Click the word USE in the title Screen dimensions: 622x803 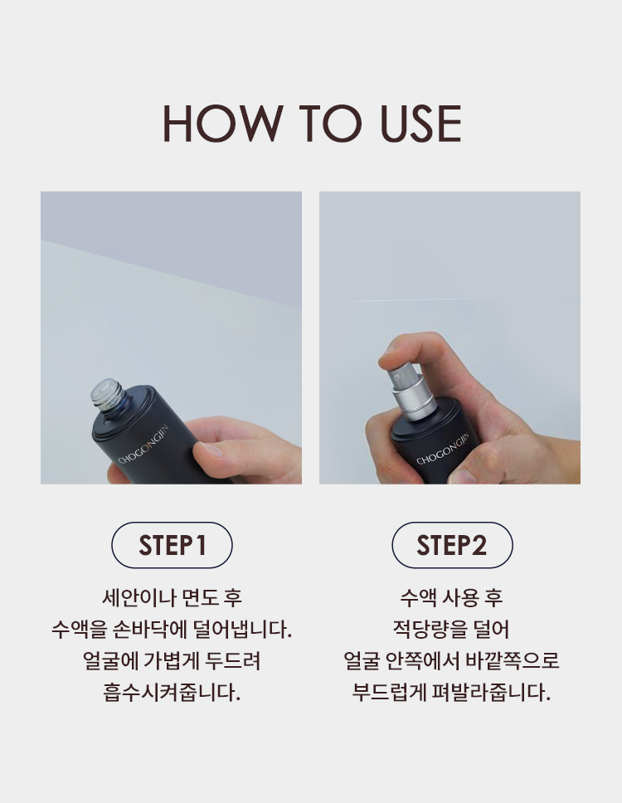point(421,124)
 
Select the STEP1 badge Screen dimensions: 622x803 point(172,545)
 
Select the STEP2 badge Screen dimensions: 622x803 point(452,545)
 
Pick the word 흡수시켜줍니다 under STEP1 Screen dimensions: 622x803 point(172,693)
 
